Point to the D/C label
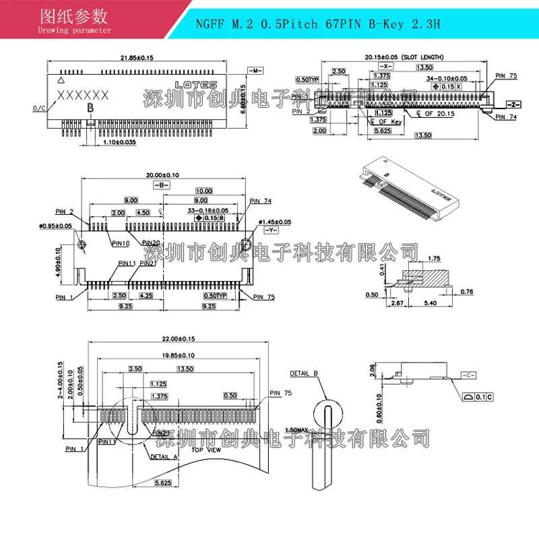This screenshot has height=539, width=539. [x=39, y=107]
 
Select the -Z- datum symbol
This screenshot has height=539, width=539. [x=513, y=105]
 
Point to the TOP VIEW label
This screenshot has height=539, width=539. [x=205, y=449]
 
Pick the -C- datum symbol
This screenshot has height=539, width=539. [x=469, y=374]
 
